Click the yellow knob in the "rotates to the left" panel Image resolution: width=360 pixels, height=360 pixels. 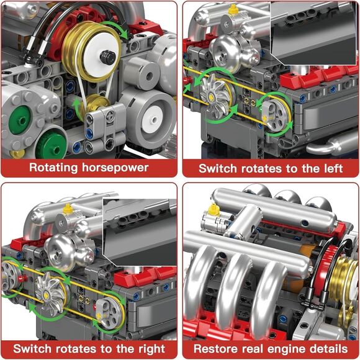tap(233, 10)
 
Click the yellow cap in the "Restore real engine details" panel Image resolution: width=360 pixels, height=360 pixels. tap(214, 210)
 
